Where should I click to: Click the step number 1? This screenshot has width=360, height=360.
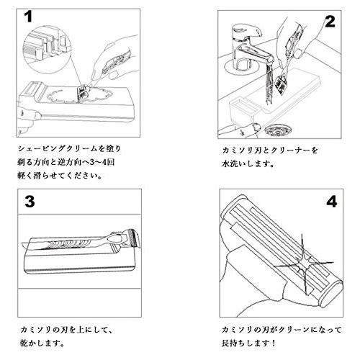point(29,16)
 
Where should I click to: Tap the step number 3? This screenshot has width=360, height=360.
point(30,201)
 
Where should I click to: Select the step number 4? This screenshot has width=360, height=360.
point(330,202)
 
